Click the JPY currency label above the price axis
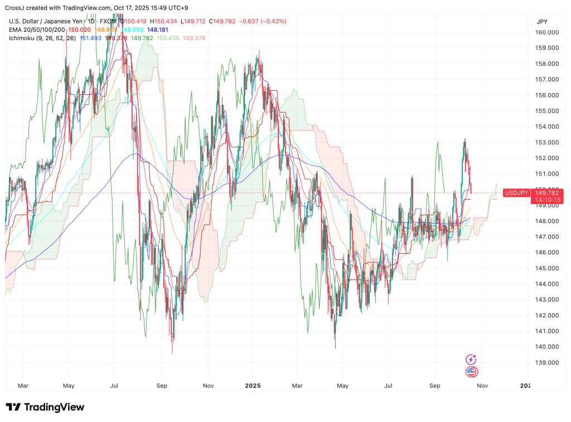[x=541, y=22]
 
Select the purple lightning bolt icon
[x=471, y=360]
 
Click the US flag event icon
[x=471, y=372]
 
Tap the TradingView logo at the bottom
[x=45, y=408]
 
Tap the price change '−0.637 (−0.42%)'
[x=263, y=21]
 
